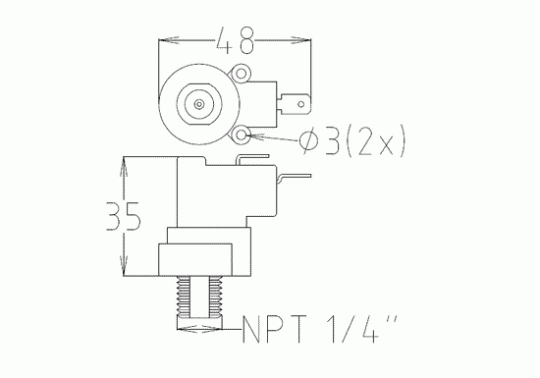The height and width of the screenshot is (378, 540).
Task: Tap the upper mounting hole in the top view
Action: (243, 71)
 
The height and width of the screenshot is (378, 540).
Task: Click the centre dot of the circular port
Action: (199, 101)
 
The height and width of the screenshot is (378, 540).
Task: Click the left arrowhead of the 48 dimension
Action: (162, 41)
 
